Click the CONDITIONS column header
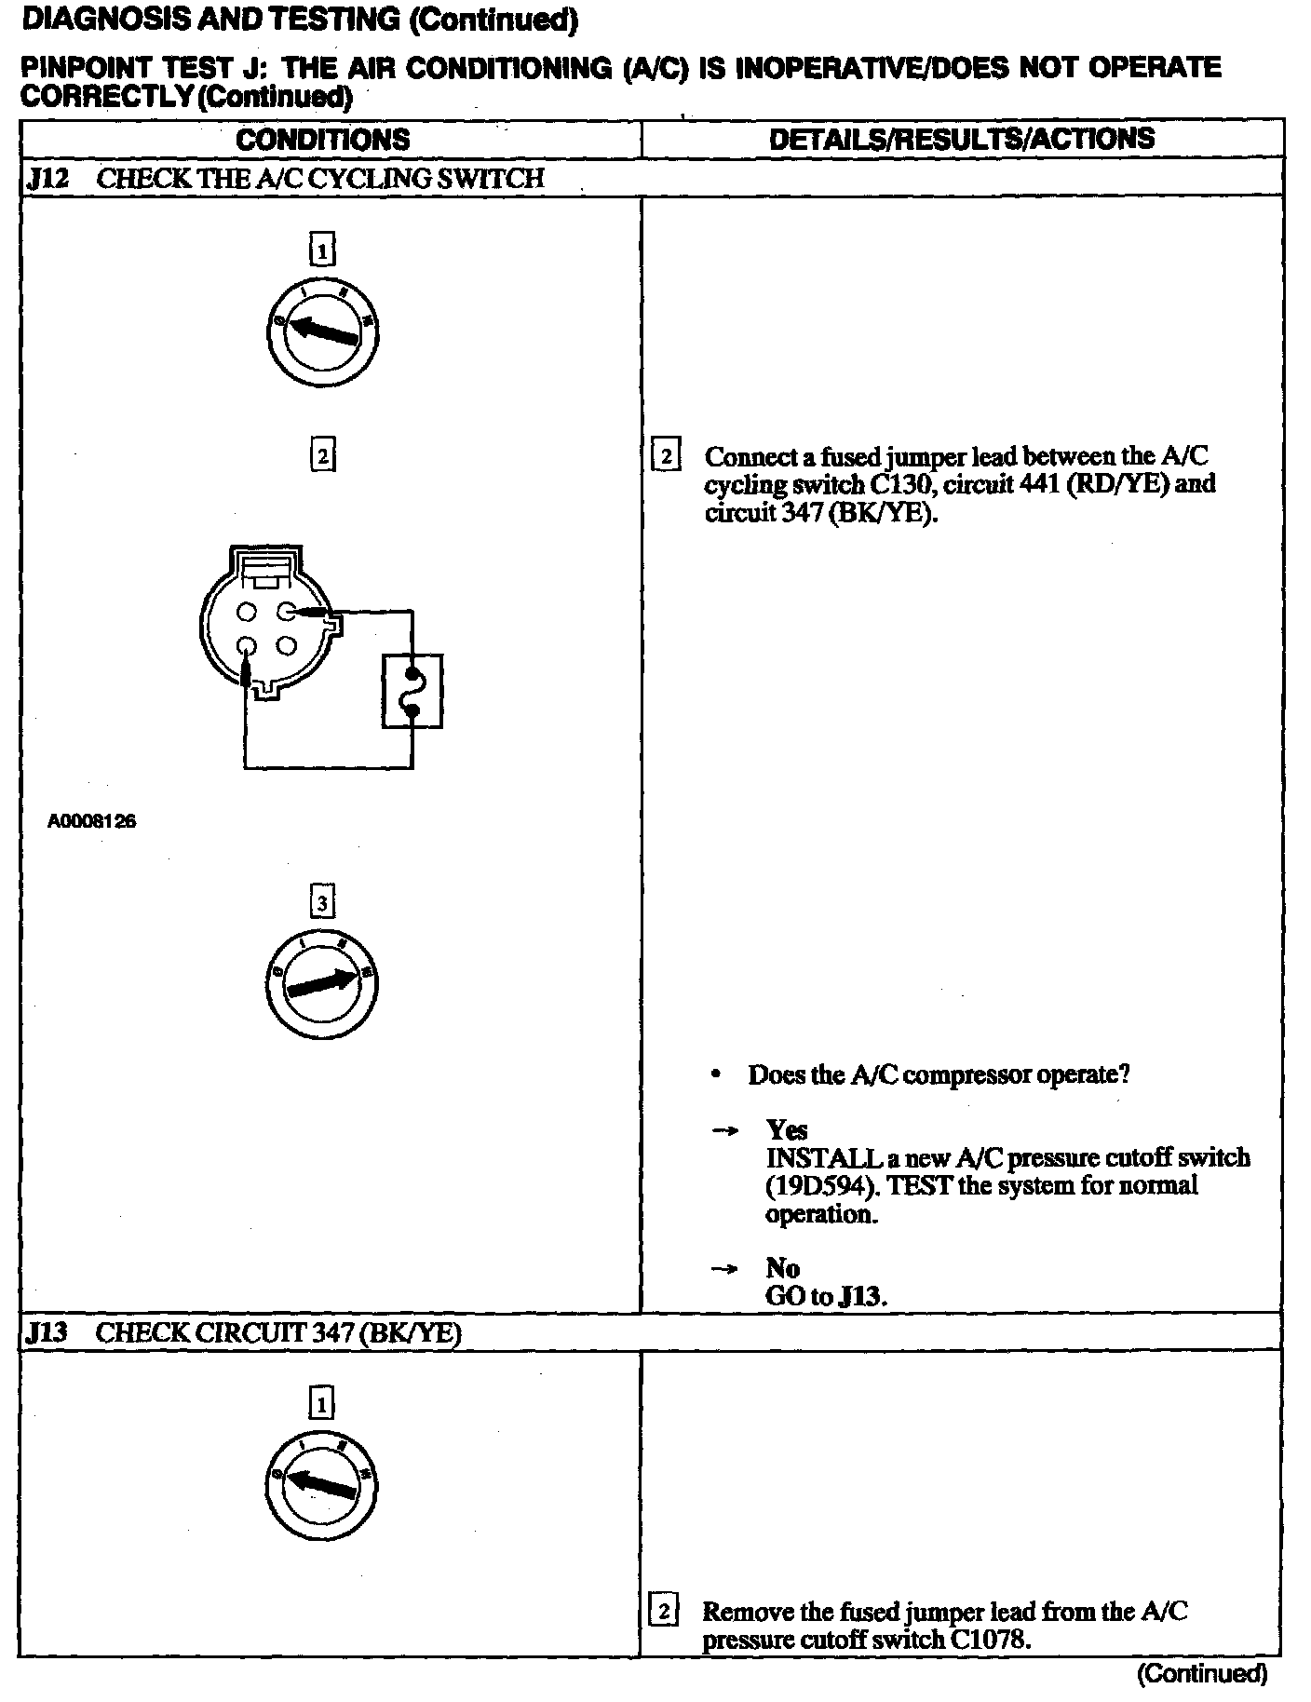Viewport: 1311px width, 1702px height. (x=322, y=140)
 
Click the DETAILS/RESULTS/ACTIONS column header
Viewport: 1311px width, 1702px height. (x=961, y=139)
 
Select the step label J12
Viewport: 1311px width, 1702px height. (x=47, y=179)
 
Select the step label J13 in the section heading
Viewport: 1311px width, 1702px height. (x=47, y=1332)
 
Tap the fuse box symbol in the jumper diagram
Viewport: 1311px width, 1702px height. (x=412, y=691)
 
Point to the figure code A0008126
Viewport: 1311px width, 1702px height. (x=92, y=821)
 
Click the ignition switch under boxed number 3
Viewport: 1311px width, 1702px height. (x=322, y=984)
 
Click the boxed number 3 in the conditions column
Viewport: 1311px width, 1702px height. (x=322, y=902)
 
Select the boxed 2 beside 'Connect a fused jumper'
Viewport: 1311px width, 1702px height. (x=666, y=456)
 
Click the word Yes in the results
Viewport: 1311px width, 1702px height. (x=787, y=1130)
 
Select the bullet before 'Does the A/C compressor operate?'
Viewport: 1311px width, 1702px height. (x=715, y=1075)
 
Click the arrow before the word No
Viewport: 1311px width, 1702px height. (x=723, y=1269)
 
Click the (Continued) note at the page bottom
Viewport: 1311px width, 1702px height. (x=1201, y=1673)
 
